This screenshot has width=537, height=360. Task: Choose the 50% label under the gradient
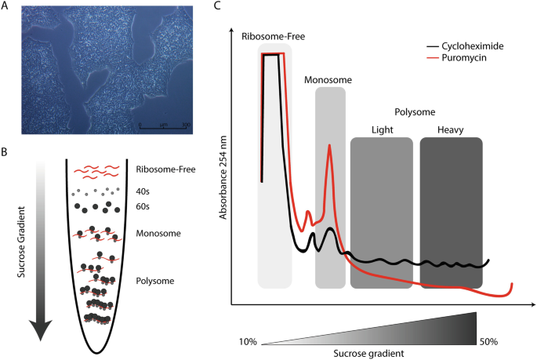488,341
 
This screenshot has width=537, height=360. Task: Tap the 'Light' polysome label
381,129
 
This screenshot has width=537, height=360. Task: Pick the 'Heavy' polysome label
452,129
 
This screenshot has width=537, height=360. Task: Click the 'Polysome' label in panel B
154,280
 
